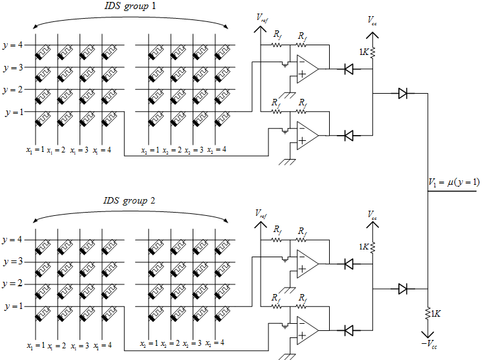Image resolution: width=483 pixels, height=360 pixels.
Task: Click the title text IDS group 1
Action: [133, 6]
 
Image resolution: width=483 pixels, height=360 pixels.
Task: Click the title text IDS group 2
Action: [133, 200]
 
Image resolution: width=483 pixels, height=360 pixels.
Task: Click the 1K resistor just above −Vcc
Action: [427, 313]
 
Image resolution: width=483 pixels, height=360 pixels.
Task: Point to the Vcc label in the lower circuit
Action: [373, 213]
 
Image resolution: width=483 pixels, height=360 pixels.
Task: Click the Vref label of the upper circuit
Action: [262, 20]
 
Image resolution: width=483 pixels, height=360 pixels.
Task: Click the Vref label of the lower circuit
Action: [262, 213]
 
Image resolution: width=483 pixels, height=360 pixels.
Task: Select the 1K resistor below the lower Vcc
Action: [373, 246]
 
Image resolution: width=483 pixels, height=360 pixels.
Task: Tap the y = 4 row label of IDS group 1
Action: [13, 45]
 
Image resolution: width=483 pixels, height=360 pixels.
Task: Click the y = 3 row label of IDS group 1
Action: [13, 67]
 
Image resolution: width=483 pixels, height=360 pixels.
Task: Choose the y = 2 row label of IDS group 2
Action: [13, 284]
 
